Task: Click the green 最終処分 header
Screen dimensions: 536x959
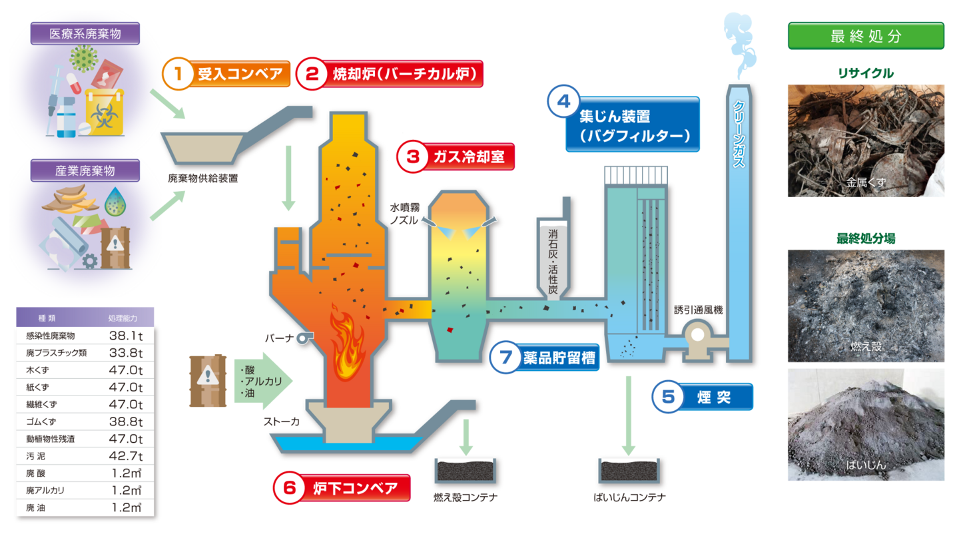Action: pyautogui.click(x=866, y=36)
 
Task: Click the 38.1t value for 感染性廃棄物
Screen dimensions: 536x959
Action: pyautogui.click(x=126, y=336)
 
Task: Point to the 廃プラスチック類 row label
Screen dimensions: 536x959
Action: pyautogui.click(x=56, y=353)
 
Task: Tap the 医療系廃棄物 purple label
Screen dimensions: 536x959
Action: pyautogui.click(x=85, y=34)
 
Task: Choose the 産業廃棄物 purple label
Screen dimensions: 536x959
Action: pyautogui.click(x=85, y=170)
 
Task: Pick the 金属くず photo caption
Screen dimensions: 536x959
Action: pyautogui.click(x=866, y=181)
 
